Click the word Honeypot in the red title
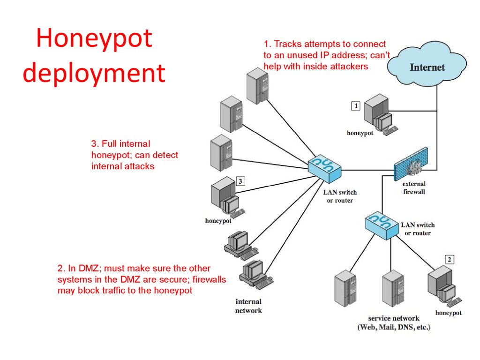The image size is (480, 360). coord(94,39)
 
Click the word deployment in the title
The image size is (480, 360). coord(94,74)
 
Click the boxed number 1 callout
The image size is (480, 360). coord(356,106)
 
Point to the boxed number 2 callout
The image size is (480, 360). coord(450,259)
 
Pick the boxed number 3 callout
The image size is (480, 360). coord(240,181)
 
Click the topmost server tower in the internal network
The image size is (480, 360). coord(257,85)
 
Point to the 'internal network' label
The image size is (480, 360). coord(248,306)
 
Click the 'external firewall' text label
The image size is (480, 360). coord(413,187)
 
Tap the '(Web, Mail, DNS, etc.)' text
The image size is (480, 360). coord(393,327)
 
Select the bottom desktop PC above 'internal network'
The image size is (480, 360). coord(251,275)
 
